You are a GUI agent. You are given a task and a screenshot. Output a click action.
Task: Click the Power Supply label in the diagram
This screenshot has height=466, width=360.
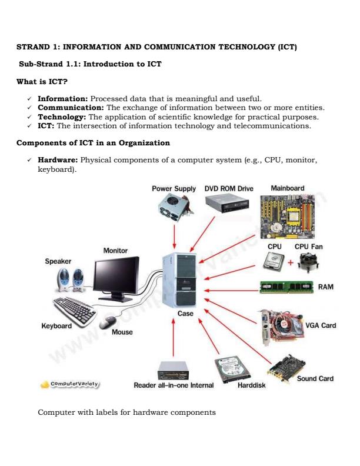pos(174,189)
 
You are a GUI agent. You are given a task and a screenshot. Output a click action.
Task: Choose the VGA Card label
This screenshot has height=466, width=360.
pos(321,325)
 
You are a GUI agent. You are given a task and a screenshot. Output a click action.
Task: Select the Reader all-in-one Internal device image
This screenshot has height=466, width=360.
pos(173,370)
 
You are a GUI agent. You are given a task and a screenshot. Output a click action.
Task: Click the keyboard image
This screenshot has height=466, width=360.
pos(75,309)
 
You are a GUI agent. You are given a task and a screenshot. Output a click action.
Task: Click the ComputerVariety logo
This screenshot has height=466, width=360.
pos(70,384)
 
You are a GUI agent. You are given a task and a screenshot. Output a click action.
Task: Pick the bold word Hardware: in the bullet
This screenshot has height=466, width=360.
pos(58,159)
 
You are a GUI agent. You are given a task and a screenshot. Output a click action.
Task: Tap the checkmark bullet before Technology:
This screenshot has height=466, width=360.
pos(29,117)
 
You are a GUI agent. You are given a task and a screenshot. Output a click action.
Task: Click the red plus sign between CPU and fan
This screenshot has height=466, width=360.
pos(291,262)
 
